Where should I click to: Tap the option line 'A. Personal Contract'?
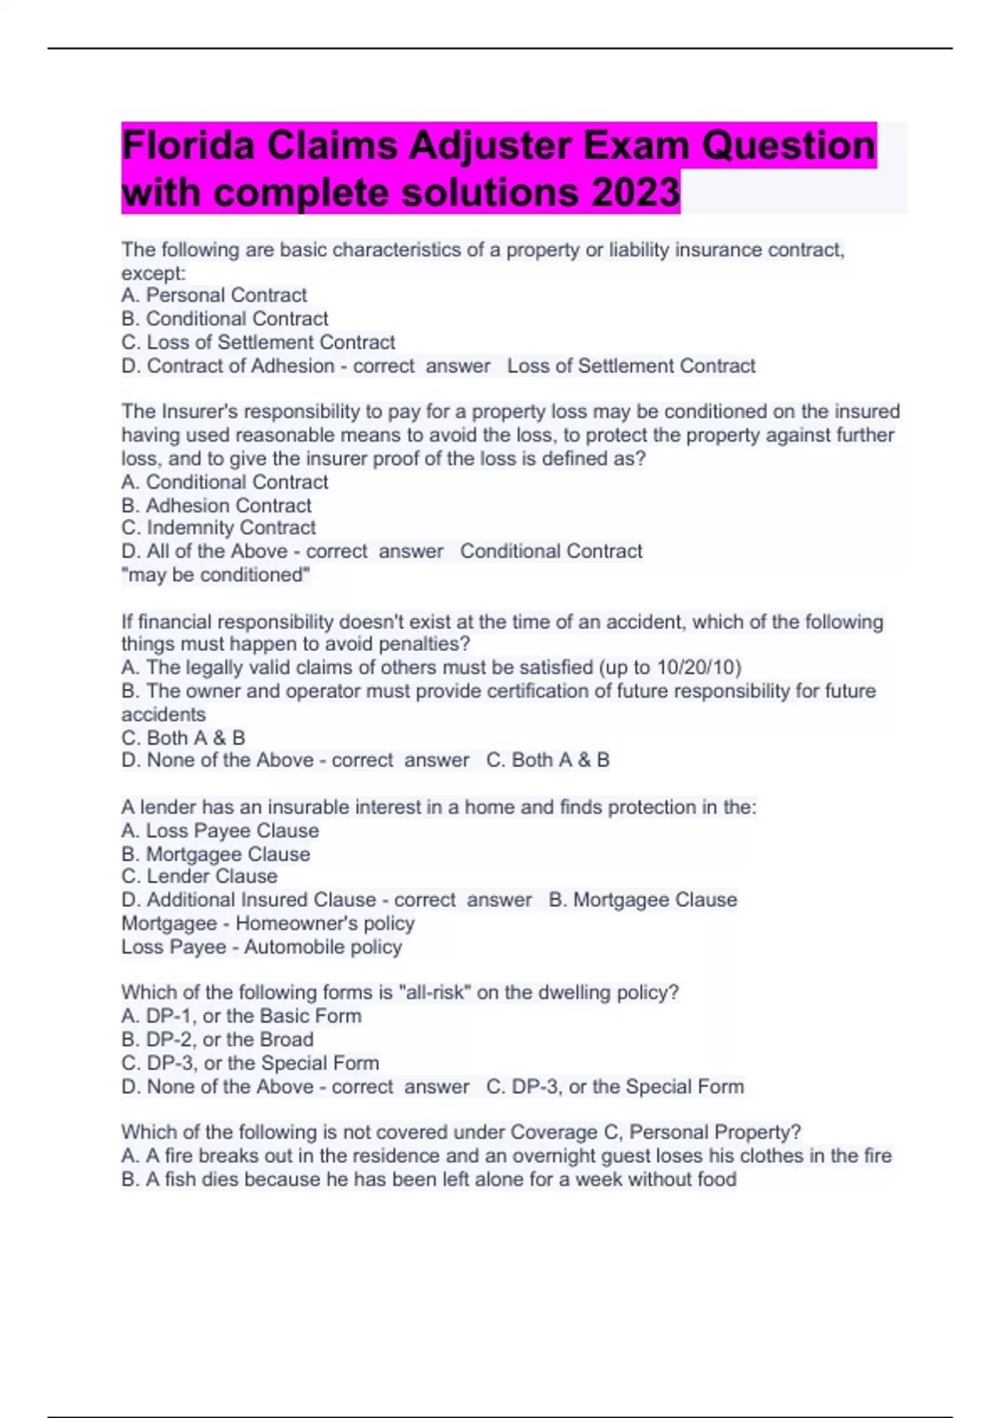pos(214,295)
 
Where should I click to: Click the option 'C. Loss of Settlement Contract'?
pos(258,342)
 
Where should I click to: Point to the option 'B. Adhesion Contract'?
pos(216,505)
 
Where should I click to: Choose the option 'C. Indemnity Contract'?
pos(219,528)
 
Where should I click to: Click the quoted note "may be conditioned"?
pos(216,575)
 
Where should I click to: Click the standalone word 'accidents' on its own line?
pos(163,714)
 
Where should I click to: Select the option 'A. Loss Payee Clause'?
pos(219,831)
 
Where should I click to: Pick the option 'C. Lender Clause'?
pos(199,877)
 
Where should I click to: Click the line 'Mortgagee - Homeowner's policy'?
pos(268,923)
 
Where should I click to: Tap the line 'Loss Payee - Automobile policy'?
pos(261,947)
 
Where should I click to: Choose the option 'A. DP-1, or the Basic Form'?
pos(241,1016)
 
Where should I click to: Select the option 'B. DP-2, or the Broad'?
pos(217,1039)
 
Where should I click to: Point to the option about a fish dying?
pos(429,1179)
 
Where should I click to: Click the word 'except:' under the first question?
pos(153,274)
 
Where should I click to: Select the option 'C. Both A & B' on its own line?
pos(183,738)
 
